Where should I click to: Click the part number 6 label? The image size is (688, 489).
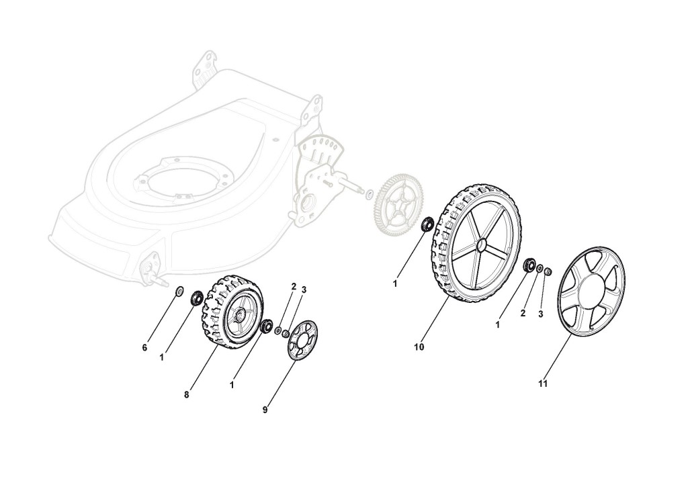[x=144, y=347]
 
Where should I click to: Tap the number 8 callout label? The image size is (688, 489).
[x=186, y=395]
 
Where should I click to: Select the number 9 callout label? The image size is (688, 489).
[x=265, y=410]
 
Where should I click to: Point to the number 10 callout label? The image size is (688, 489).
[x=419, y=347]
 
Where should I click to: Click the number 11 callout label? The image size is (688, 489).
[x=543, y=384]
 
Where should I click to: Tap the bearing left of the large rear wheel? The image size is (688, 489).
[x=426, y=224]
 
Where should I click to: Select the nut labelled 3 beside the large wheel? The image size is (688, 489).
[x=548, y=271]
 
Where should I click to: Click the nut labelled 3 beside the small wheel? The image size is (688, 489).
[x=286, y=334]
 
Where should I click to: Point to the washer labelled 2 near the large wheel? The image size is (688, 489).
[x=539, y=268]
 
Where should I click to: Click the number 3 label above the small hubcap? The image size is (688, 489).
[x=304, y=290]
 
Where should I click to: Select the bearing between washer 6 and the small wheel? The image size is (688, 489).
[x=198, y=296]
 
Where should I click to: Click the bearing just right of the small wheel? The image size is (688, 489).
[x=266, y=326]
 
